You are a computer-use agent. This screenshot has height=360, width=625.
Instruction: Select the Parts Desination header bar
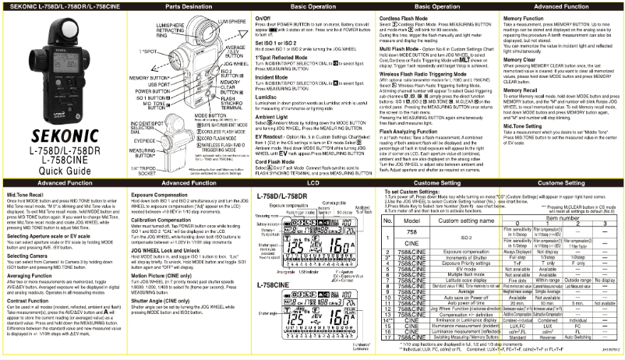(186, 5)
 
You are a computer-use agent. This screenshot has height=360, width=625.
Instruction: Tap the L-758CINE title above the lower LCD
(277, 286)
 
